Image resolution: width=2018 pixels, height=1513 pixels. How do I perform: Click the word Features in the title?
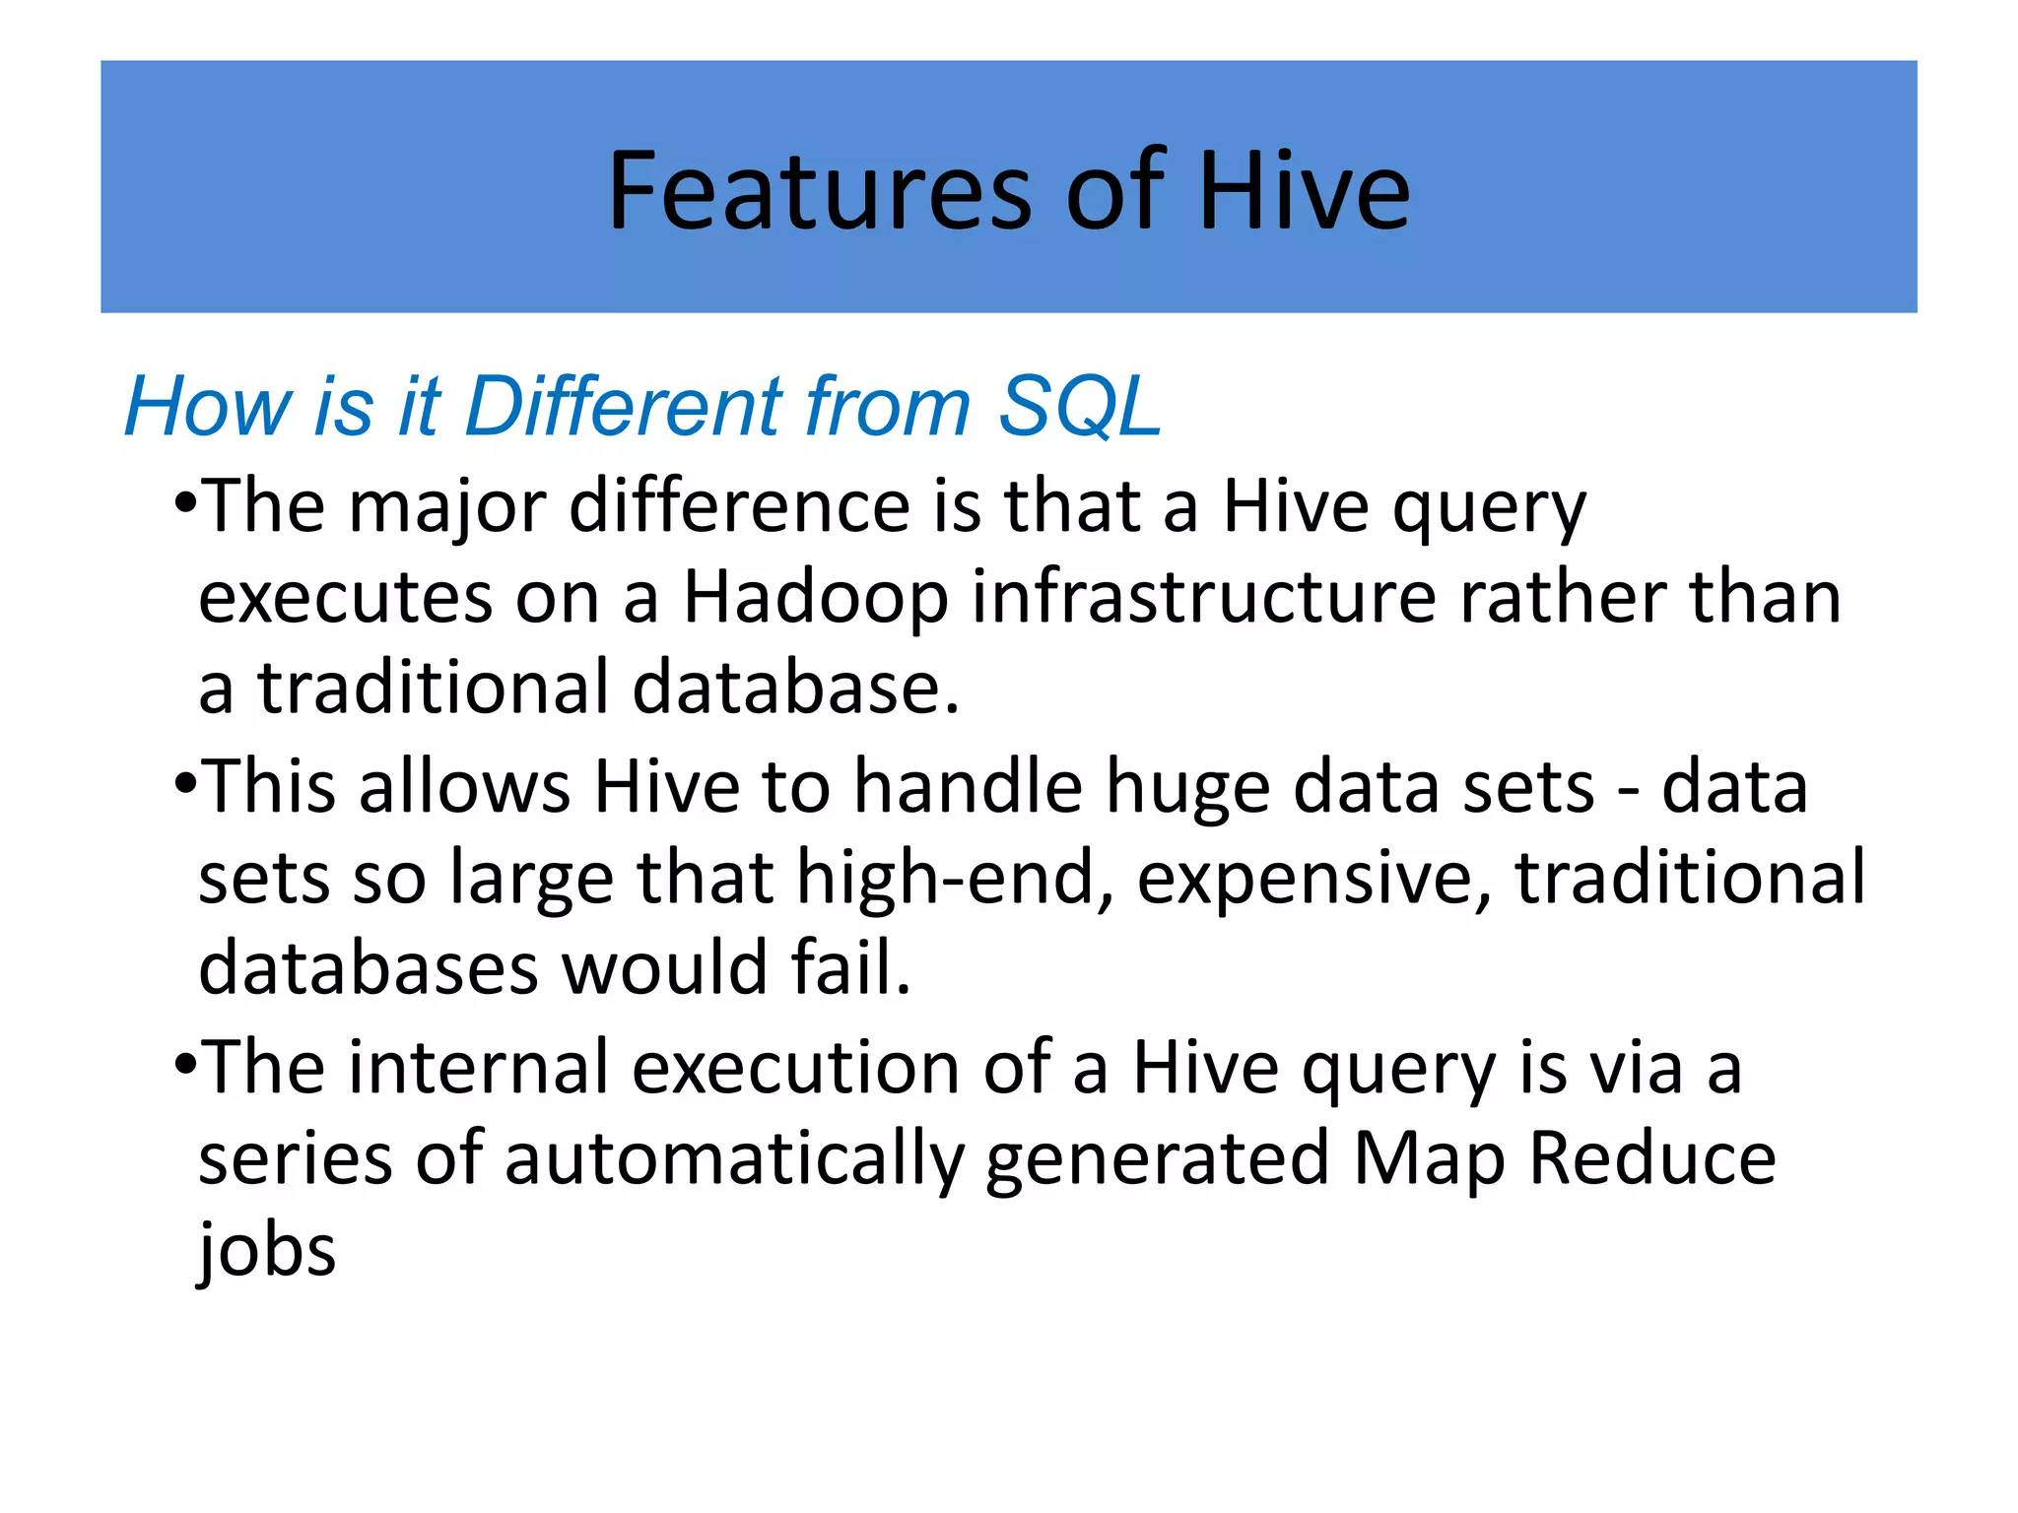819,191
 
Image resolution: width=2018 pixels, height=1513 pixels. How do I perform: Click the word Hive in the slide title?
1304,191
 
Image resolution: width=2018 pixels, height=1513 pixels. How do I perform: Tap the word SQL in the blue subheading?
1080,406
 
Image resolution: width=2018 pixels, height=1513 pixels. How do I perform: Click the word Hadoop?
816,598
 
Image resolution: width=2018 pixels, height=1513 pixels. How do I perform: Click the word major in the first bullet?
448,507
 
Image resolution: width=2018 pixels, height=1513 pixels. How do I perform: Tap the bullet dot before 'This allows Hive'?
185,786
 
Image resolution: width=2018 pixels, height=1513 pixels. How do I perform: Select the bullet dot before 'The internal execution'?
185,1067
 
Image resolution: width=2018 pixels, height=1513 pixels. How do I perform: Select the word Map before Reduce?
1429,1159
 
